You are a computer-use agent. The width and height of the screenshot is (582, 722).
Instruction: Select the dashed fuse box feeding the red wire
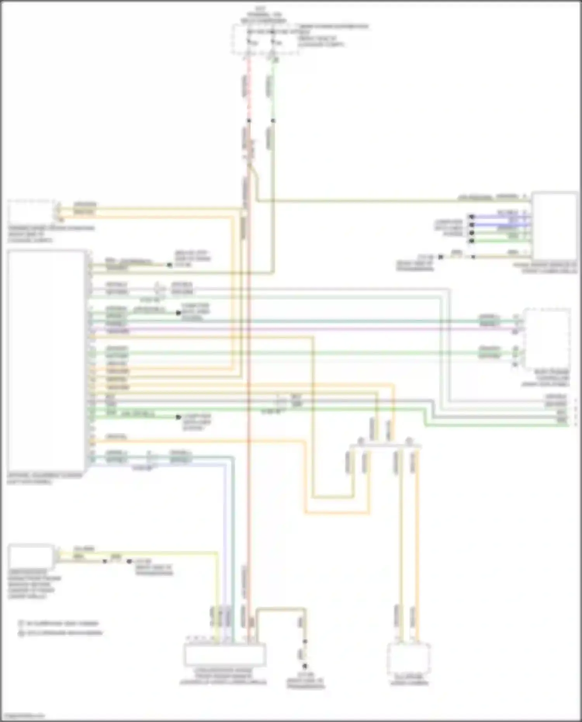pos(265,39)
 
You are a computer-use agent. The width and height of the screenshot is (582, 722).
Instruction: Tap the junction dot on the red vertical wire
pos(249,121)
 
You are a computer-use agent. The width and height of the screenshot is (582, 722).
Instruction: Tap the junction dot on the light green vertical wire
pos(273,121)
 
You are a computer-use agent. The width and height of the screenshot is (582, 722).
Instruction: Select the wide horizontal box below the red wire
pos(225,654)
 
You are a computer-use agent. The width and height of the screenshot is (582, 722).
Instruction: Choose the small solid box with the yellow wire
pos(31,556)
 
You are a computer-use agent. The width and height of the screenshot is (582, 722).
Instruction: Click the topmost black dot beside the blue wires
pos(472,216)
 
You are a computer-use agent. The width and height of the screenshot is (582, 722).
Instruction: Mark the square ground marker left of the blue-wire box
pos(441,257)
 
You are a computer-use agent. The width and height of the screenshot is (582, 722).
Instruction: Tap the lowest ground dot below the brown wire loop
pos(305,666)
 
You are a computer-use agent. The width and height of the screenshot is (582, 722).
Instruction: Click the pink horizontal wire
pos(303,329)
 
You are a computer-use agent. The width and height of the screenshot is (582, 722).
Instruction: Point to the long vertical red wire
pos(249,388)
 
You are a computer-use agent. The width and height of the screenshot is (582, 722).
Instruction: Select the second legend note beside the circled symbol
pos(64,633)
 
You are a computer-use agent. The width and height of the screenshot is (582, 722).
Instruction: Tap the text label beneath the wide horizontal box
pos(223,676)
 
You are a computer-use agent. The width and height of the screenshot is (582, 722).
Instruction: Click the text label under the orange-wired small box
pos(409,679)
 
